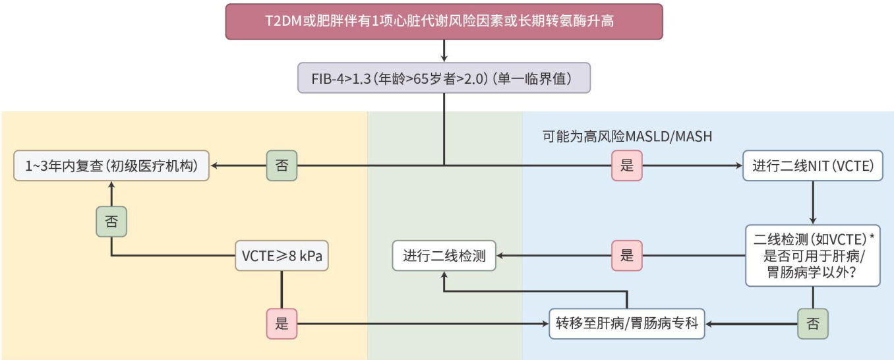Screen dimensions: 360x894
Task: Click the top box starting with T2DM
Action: point(444,22)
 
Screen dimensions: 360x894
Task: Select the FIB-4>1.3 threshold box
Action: point(444,78)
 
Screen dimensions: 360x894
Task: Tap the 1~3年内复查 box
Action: point(111,166)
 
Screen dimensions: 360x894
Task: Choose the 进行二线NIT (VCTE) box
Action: point(812,166)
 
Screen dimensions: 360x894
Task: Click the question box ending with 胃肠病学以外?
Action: point(812,255)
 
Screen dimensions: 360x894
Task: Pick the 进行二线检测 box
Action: point(444,256)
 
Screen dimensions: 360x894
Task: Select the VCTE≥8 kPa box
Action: point(282,256)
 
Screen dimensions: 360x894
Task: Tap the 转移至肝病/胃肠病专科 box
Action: point(626,323)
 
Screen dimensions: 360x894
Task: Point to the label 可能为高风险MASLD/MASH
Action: point(627,137)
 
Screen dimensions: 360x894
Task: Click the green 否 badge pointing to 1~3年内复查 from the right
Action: point(282,165)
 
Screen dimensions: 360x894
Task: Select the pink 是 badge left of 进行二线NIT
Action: point(626,165)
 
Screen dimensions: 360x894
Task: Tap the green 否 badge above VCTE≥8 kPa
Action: point(111,222)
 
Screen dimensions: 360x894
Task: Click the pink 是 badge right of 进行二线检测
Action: point(626,256)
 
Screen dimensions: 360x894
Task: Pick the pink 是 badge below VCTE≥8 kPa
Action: point(282,323)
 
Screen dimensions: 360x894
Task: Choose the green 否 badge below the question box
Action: point(812,323)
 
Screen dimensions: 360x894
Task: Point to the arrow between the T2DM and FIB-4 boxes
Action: point(444,50)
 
